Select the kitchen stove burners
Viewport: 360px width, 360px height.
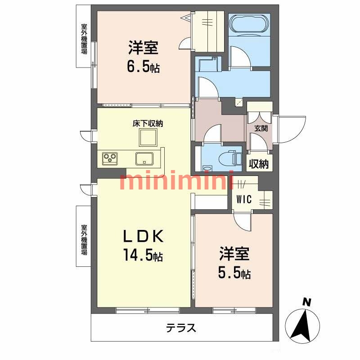tap(109, 158)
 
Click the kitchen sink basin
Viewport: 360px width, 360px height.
tap(144, 158)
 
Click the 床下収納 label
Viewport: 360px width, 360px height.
tap(148, 123)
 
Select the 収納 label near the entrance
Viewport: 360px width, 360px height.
tap(258, 164)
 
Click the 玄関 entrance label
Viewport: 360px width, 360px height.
tap(261, 128)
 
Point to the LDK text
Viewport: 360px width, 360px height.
tap(143, 236)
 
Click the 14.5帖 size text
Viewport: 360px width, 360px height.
tap(143, 256)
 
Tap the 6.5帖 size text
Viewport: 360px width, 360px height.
tap(143, 67)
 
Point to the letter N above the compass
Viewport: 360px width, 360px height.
tap(307, 302)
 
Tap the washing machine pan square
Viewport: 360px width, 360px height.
tap(207, 64)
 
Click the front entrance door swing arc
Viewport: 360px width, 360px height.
tap(292, 128)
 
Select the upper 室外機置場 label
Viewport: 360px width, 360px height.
tap(84, 38)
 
